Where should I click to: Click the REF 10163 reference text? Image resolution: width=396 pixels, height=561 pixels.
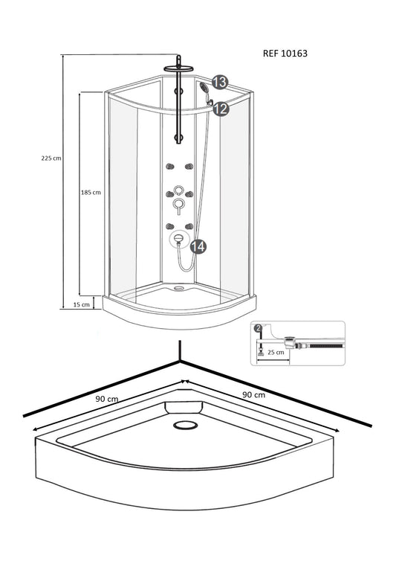(285, 54)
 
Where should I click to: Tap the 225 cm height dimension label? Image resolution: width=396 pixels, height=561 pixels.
(51, 158)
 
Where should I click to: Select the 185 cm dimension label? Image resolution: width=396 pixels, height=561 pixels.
(91, 192)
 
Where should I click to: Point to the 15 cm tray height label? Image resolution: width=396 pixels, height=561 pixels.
(82, 304)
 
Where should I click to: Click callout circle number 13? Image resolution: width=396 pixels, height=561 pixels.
(220, 82)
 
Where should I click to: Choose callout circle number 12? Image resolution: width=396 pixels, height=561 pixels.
(221, 109)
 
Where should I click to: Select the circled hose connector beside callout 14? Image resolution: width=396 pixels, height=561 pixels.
(178, 239)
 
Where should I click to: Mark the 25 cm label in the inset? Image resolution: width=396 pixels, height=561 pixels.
(276, 352)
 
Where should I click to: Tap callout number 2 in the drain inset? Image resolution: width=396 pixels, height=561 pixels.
(258, 328)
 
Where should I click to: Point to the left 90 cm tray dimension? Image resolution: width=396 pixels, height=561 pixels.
(107, 399)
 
